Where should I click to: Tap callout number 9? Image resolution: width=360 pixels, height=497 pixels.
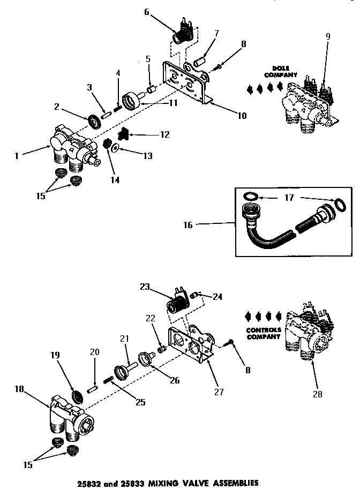pos(327,37)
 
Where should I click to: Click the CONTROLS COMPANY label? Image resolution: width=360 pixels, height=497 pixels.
pos(264,333)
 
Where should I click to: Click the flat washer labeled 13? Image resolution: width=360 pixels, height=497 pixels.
pos(115,146)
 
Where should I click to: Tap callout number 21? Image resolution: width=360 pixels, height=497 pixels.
pos(125,338)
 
